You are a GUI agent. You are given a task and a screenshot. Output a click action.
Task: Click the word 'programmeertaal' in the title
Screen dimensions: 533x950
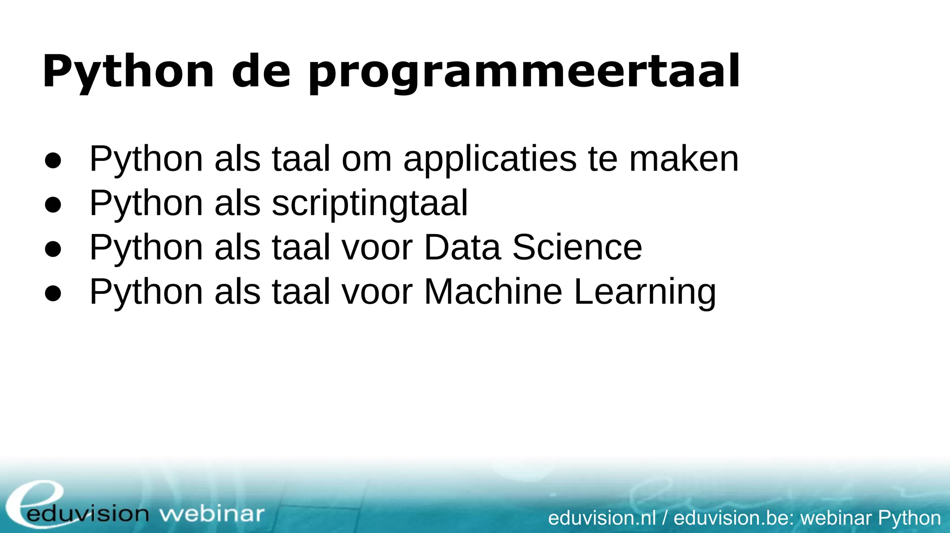point(524,73)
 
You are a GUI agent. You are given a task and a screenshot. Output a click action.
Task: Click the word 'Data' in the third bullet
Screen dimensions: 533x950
point(462,247)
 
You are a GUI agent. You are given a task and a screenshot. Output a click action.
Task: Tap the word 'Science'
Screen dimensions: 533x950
point(577,247)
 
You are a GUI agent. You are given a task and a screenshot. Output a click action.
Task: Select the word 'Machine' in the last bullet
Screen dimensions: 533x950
point(493,292)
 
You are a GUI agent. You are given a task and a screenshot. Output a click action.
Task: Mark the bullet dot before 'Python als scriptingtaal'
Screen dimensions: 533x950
point(53,204)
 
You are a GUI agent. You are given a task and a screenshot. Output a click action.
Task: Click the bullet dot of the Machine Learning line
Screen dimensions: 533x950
point(53,293)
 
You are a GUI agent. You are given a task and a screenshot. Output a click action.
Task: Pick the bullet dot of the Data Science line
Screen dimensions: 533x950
point(53,249)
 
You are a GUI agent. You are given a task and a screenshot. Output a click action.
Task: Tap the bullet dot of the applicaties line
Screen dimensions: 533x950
point(53,160)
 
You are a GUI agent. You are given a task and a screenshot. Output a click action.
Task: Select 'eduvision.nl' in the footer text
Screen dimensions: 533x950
point(602,518)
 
